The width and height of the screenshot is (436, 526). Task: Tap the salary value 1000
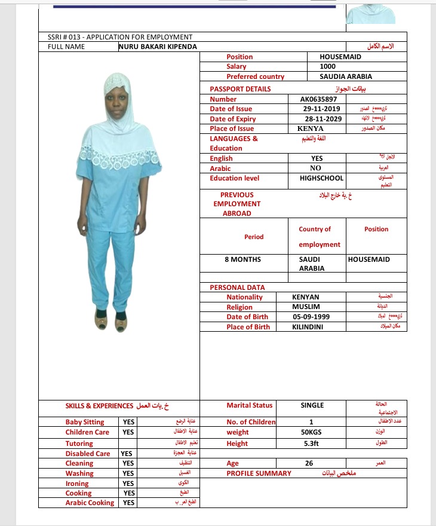pyautogui.click(x=328, y=66)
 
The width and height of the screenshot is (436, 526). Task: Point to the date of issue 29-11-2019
pyautogui.click(x=322, y=109)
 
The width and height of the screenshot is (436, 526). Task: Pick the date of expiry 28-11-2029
pyautogui.click(x=322, y=119)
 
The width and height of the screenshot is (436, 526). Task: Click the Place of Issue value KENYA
pyautogui.click(x=310, y=129)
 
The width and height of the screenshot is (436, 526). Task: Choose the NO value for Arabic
pyautogui.click(x=317, y=169)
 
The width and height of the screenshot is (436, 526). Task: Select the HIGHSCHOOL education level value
pyautogui.click(x=321, y=178)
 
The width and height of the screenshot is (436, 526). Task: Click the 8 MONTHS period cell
pyautogui.click(x=242, y=259)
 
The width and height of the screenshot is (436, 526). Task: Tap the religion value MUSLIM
pyautogui.click(x=305, y=307)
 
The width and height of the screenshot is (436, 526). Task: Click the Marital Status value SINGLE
pyautogui.click(x=312, y=405)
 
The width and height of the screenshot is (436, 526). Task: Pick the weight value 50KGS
pyautogui.click(x=311, y=432)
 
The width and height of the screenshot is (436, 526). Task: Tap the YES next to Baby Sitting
pyautogui.click(x=128, y=422)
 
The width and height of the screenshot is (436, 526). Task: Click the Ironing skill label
pyautogui.click(x=77, y=484)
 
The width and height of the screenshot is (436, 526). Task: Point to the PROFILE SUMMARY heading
pyautogui.click(x=259, y=473)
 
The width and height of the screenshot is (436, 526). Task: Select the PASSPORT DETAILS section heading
pyautogui.click(x=240, y=89)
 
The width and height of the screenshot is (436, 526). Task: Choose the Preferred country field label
pyautogui.click(x=255, y=77)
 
